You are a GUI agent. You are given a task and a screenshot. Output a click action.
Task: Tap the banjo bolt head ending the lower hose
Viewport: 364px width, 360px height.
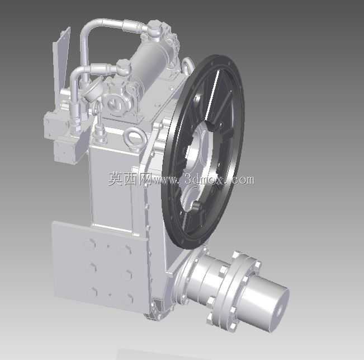click(123, 67)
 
